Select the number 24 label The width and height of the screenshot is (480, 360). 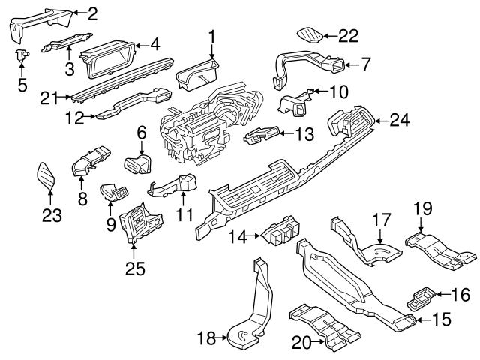401,118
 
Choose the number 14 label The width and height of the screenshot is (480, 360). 237,237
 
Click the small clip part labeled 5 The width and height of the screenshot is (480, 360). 21,54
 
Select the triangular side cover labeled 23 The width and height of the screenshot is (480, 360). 48,178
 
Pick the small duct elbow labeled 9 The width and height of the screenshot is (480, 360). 113,192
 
